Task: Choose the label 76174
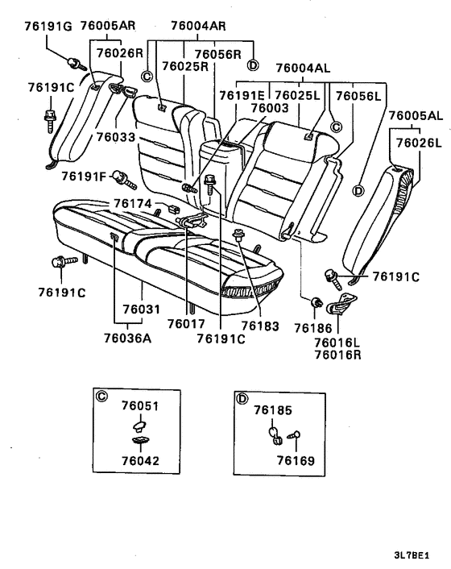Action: pos(134,203)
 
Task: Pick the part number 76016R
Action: pos(337,353)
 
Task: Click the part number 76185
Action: pos(272,410)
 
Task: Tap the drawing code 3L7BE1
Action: pos(411,555)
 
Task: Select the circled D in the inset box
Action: pos(241,396)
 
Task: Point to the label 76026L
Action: pos(416,143)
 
